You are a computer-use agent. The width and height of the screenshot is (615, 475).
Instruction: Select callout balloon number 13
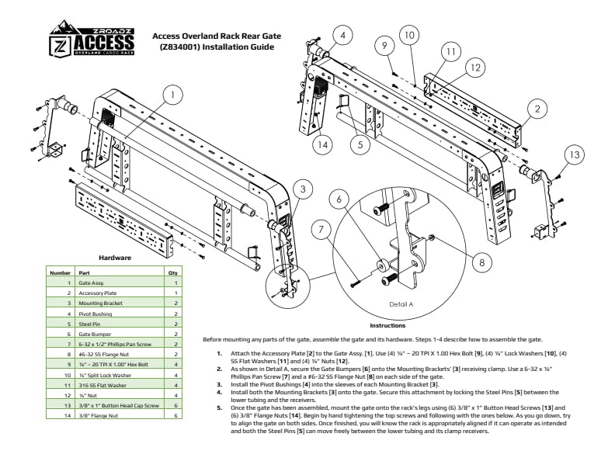(573, 155)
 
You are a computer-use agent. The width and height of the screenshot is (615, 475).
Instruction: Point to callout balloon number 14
(323, 144)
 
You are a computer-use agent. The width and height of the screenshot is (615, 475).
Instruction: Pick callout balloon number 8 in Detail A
(481, 262)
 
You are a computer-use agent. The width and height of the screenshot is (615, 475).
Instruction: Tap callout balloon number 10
(409, 34)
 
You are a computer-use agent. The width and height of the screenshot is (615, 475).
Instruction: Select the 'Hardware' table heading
(114, 257)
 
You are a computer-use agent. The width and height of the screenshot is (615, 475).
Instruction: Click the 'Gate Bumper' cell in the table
(93, 333)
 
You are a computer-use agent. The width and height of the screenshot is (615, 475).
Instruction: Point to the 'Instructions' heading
(387, 325)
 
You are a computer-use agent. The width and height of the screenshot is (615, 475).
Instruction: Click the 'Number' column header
(60, 273)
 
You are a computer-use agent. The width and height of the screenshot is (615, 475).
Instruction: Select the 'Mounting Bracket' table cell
(96, 303)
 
